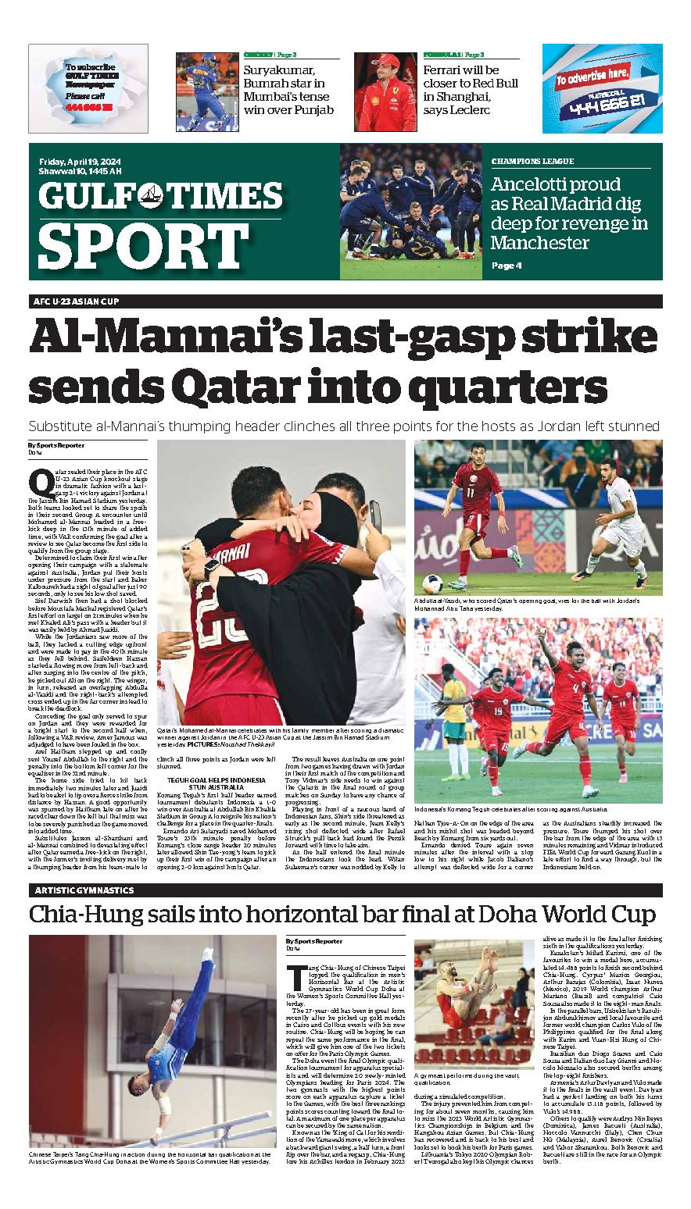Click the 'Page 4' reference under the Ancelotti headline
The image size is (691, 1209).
(506, 266)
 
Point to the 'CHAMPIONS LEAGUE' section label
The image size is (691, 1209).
(532, 162)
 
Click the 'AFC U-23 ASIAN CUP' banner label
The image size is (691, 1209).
(76, 301)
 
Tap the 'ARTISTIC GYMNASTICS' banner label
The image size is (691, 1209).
(84, 890)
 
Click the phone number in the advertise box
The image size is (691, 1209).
(601, 99)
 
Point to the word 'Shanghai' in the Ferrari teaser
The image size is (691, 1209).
(456, 96)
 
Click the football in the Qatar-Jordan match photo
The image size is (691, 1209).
(433, 583)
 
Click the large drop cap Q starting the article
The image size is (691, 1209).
(37, 480)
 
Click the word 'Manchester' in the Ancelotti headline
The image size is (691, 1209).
(540, 242)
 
